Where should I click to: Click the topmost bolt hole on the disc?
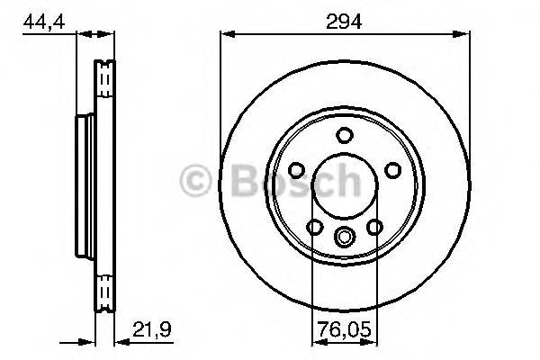point(343,136)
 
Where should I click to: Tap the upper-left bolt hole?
point(295,171)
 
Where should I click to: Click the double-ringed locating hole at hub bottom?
point(343,238)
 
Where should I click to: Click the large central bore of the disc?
point(343,186)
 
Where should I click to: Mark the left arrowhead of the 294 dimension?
point(226,34)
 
